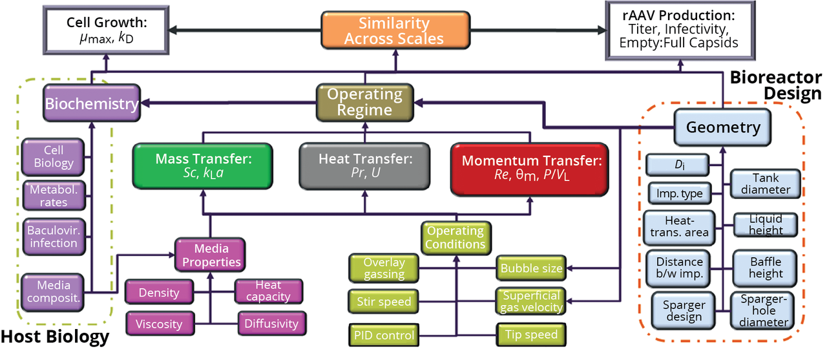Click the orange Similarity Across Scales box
393,31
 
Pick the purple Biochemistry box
92,103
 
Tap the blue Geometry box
723,127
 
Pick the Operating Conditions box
455,237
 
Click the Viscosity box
158,323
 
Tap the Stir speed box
384,301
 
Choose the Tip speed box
528,334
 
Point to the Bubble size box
531,268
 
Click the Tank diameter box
766,184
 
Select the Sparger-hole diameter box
766,311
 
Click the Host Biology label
54,337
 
